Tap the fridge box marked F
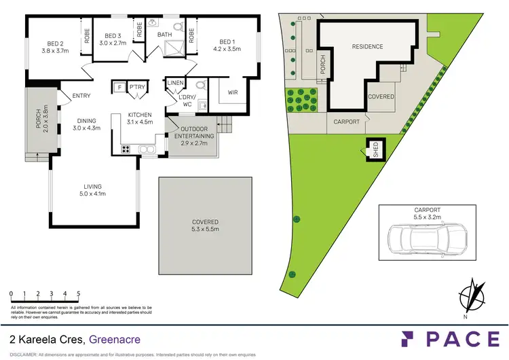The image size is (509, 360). (x=119, y=87)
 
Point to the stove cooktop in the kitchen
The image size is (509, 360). (x=126, y=149)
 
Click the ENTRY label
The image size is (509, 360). (x=71, y=96)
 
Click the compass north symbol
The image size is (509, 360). (x=470, y=297)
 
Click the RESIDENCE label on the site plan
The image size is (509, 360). (x=367, y=47)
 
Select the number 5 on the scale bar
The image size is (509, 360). (x=79, y=294)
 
